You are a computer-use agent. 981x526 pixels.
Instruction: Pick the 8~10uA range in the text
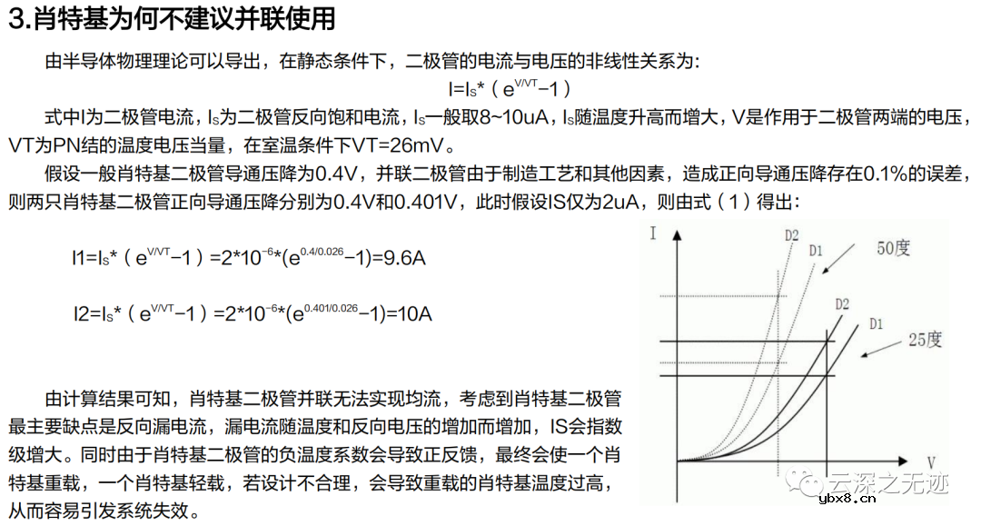508,117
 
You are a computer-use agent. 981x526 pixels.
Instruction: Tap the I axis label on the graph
653,233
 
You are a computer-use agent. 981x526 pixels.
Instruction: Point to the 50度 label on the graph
893,248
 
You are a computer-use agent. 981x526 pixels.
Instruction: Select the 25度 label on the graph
925,341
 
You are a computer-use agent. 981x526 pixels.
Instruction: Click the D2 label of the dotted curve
792,236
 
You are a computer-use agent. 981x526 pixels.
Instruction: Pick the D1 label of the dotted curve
816,250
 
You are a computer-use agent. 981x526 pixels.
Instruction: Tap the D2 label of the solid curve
841,303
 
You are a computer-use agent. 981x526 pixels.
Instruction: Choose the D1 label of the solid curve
876,323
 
